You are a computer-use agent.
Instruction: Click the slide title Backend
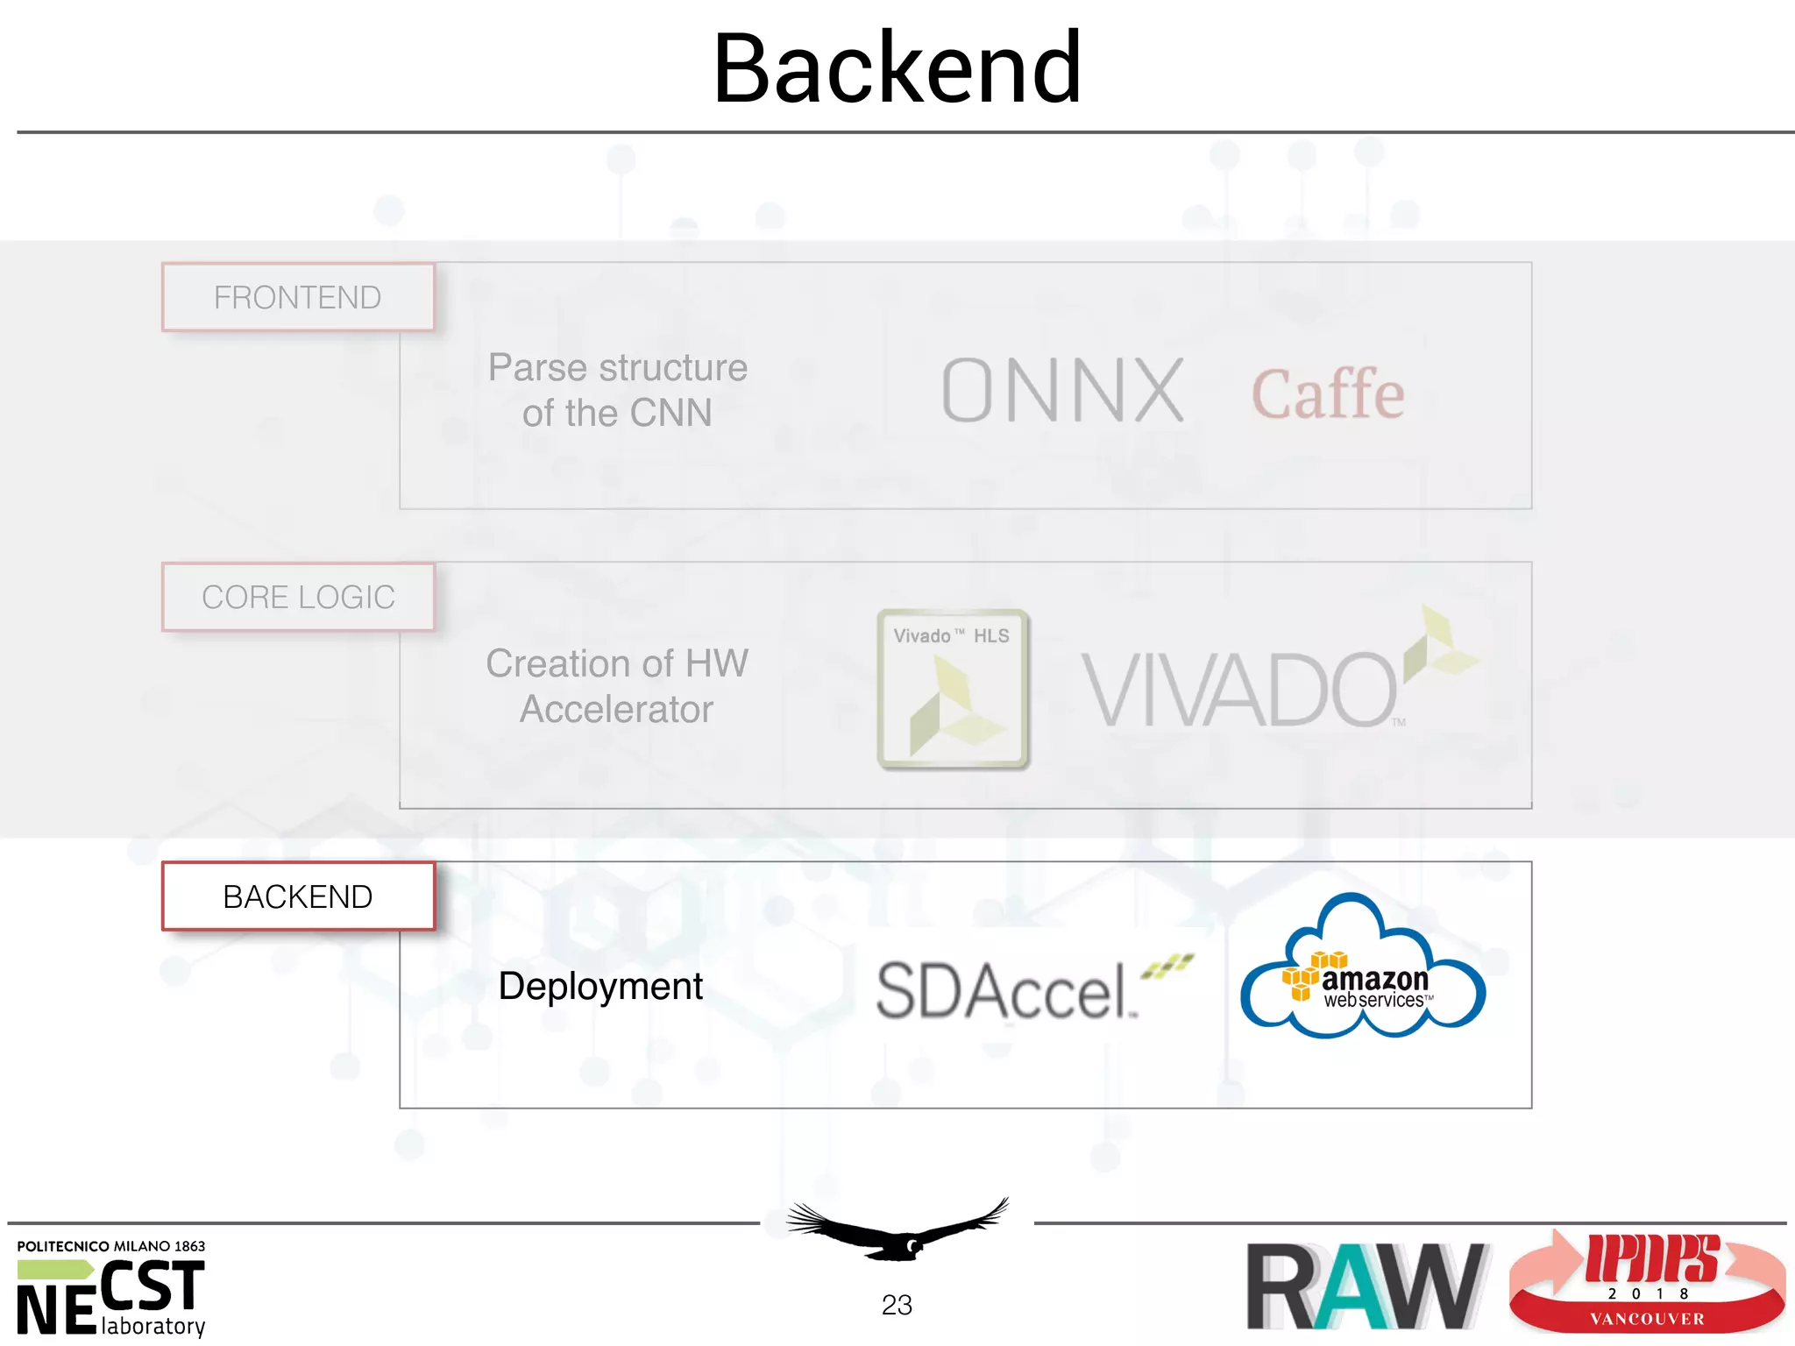click(x=897, y=68)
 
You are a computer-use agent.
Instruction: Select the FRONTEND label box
click(x=298, y=298)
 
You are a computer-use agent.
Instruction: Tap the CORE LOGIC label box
click(x=298, y=598)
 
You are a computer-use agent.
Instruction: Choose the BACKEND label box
click(x=298, y=897)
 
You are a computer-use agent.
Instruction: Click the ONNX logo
click(x=1063, y=391)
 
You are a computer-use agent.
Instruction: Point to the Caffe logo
click(x=1327, y=394)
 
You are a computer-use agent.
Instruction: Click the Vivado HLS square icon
click(x=953, y=689)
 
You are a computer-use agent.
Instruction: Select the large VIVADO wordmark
click(x=1239, y=691)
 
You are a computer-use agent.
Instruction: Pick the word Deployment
click(x=600, y=987)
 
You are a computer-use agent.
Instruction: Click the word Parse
click(x=536, y=368)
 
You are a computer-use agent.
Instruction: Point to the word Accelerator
click(x=616, y=710)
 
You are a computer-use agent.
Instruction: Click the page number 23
click(x=897, y=1305)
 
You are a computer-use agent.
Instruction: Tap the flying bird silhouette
click(x=898, y=1230)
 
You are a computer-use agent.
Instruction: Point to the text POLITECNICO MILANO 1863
click(x=111, y=1246)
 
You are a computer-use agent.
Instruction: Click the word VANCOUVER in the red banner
click(x=1647, y=1319)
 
